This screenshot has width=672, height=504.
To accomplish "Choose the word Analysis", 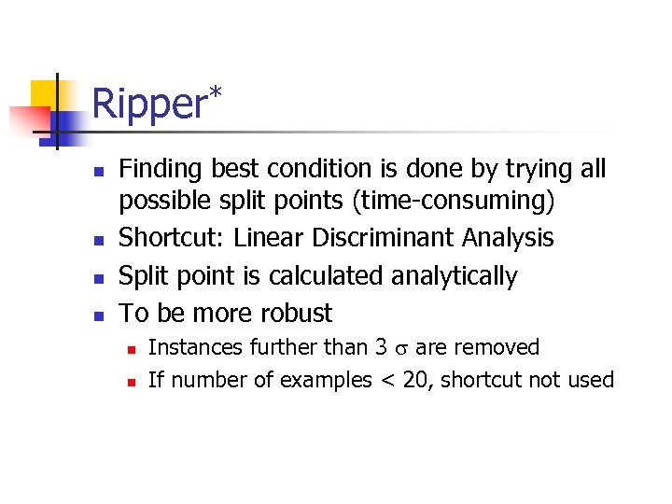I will pyautogui.click(x=508, y=238).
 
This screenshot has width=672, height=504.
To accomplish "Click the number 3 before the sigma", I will pyautogui.click(x=381, y=348).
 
